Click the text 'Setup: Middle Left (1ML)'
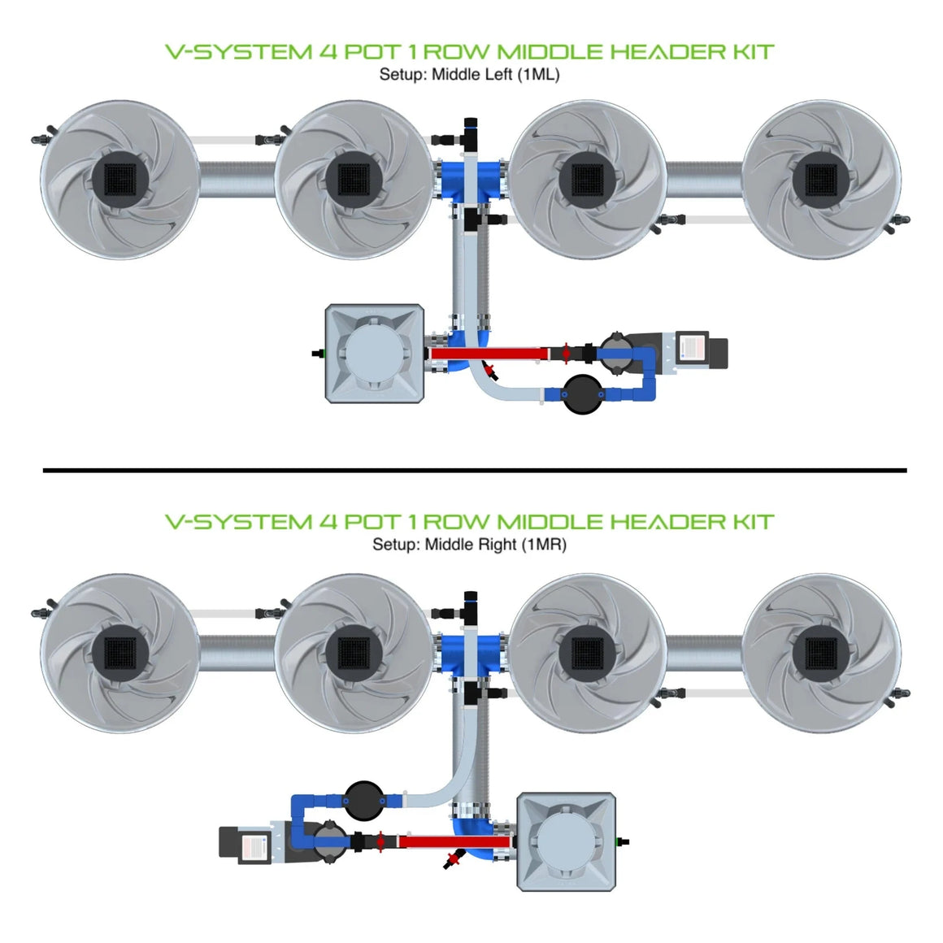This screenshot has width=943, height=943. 469,75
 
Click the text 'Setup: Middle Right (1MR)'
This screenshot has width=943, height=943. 469,545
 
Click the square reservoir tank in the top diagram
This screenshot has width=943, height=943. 374,354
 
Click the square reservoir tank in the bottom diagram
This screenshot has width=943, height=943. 567,841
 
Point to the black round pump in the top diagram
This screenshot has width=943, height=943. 583,394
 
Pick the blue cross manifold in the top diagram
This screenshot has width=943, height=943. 472,180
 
